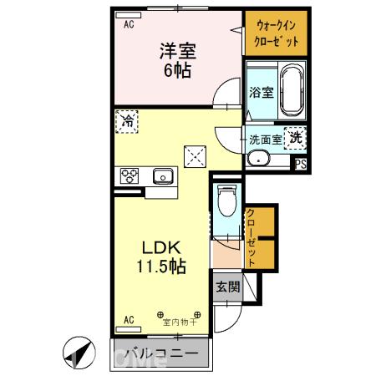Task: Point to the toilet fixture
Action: [x=226, y=201]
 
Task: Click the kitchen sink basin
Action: [x=162, y=176]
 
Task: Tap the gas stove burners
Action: [x=130, y=176]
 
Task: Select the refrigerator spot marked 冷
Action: [x=128, y=120]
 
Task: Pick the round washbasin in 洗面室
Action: [x=260, y=159]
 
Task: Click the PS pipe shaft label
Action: [x=299, y=164]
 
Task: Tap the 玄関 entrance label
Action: [x=227, y=286]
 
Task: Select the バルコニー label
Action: [x=161, y=353]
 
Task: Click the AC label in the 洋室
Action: [x=130, y=25]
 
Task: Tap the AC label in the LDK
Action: [x=130, y=319]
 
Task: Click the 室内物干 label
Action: [x=178, y=321]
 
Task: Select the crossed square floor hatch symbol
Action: [x=195, y=155]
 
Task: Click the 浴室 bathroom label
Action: [x=261, y=93]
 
